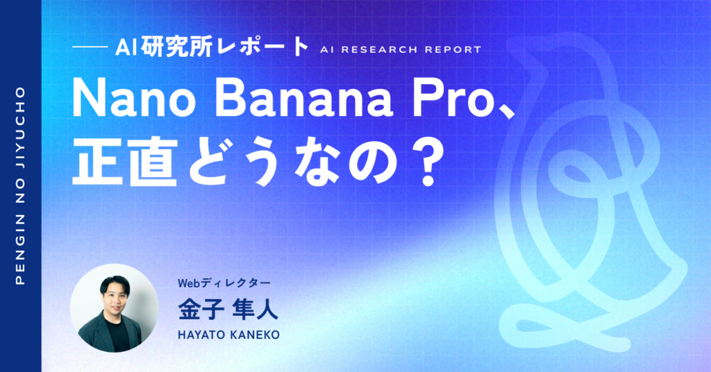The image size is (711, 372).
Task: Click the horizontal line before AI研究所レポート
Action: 88,49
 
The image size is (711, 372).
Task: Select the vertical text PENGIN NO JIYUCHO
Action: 20,186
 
